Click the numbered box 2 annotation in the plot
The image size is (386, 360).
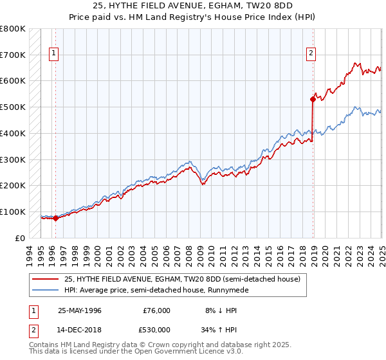tap(311, 54)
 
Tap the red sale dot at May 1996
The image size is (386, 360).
tap(55, 218)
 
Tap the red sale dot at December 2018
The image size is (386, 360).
tap(313, 99)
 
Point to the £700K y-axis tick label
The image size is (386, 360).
tap(13, 55)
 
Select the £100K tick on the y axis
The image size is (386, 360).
tap(13, 212)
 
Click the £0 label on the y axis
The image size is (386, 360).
tap(21, 238)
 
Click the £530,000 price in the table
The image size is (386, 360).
tap(157, 330)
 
